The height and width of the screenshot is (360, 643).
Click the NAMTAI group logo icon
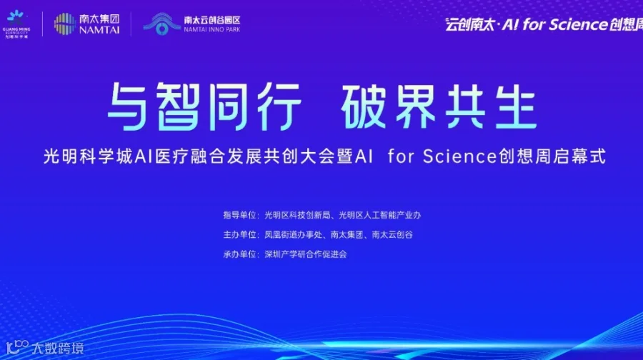click(x=65, y=24)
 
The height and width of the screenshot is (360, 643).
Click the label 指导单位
click(x=241, y=214)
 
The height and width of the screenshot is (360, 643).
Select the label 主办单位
click(x=241, y=234)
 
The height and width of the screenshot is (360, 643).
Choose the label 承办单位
click(x=241, y=254)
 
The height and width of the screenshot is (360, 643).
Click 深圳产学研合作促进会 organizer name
click(x=305, y=254)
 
